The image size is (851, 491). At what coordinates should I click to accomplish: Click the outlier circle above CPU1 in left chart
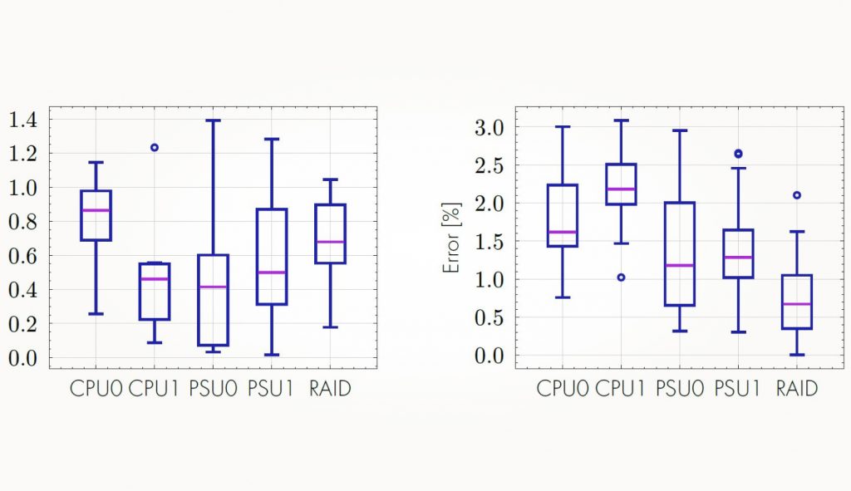tap(154, 147)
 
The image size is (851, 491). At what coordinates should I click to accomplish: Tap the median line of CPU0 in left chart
tap(96, 210)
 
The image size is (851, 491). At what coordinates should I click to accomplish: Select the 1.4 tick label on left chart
tap(24, 120)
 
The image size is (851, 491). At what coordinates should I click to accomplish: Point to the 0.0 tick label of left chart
tap(24, 358)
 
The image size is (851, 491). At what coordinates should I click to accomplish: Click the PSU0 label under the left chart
tap(212, 388)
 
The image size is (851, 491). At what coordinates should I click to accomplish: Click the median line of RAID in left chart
tap(330, 242)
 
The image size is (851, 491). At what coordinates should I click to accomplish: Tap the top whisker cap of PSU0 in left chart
tap(213, 120)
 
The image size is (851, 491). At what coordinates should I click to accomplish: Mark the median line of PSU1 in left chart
tap(271, 273)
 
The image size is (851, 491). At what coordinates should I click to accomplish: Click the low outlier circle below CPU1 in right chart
tap(621, 277)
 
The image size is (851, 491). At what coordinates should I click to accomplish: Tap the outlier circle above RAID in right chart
tap(796, 195)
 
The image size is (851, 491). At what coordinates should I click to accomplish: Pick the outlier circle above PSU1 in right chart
tap(738, 154)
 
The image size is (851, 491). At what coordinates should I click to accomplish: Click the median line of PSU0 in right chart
tap(679, 266)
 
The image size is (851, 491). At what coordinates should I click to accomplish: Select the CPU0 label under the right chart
tap(563, 388)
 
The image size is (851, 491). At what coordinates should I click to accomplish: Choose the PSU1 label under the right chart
tap(738, 388)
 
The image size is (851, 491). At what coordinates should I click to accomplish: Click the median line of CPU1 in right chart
tap(621, 189)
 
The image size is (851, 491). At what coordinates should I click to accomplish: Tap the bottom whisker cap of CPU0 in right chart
tap(563, 297)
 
